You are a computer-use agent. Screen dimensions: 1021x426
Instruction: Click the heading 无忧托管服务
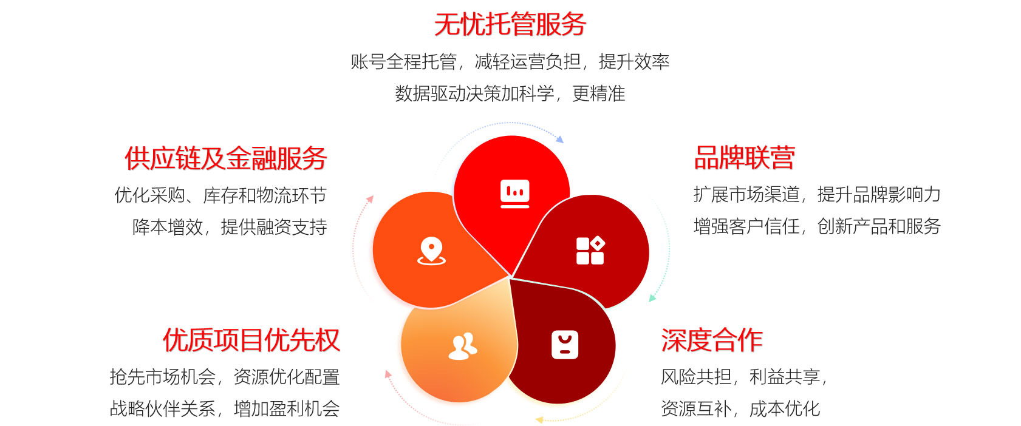tap(510, 24)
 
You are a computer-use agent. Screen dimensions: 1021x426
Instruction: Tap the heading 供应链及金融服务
tap(225, 158)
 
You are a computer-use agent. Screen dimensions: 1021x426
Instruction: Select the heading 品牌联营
tap(744, 158)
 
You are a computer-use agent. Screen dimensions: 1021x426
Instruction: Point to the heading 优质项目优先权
tap(251, 340)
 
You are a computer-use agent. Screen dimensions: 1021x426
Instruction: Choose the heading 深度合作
tap(711, 340)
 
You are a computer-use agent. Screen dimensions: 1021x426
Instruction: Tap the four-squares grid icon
tap(590, 250)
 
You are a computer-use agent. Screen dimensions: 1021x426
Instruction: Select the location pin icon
tap(431, 251)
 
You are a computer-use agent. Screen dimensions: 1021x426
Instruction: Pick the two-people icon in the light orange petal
tap(463, 347)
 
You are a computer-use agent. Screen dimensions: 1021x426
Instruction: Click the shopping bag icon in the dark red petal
tap(565, 345)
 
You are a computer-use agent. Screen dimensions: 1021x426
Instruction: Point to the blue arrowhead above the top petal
tap(560, 139)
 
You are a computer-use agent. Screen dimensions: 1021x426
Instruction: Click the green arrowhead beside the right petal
tap(652, 298)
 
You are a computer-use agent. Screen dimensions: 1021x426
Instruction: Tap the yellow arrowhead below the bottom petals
tap(539, 419)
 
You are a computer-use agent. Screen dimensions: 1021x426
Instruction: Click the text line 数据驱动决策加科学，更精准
tap(510, 93)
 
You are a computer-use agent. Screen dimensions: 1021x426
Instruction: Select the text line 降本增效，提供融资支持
tap(230, 227)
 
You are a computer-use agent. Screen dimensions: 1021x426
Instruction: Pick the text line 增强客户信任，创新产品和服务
tap(818, 226)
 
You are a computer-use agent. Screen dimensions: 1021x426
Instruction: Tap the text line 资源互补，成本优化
tap(740, 408)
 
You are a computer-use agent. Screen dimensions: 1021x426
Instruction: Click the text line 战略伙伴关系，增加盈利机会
tap(225, 408)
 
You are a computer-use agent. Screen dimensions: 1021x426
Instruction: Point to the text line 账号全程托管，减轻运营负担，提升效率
tap(510, 61)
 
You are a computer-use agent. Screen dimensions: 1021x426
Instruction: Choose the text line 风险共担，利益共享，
tap(744, 377)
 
